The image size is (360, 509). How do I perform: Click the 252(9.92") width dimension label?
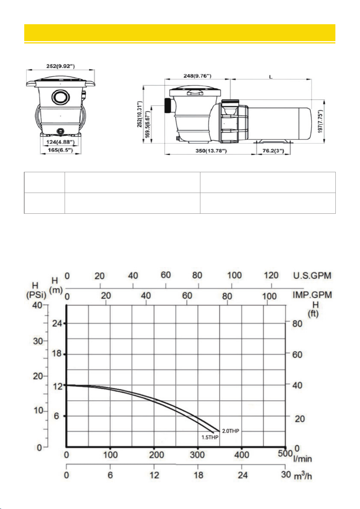tap(60, 66)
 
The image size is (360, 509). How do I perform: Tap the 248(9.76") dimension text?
tap(197, 76)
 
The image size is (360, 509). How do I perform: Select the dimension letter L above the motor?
tap(271, 77)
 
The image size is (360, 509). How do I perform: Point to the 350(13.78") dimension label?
tap(211, 151)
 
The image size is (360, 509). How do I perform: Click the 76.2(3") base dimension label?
tap(273, 151)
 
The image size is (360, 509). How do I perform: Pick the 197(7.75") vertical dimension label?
tap(320, 121)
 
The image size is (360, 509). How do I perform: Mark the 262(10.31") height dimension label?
tap(140, 114)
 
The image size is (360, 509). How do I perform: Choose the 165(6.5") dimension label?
tap(60, 150)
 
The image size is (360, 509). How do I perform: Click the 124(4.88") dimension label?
tap(60, 142)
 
